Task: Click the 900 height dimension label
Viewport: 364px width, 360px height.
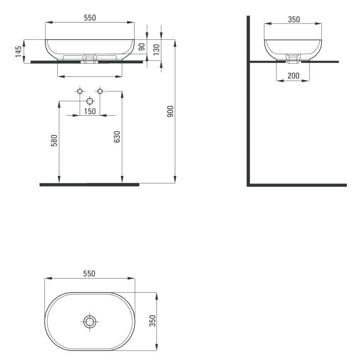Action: point(170,111)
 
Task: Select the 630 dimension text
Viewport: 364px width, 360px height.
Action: point(117,137)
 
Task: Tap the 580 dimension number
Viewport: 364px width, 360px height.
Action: point(54,140)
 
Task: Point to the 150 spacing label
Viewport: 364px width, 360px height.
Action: point(90,112)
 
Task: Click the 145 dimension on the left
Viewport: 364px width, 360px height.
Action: point(19,51)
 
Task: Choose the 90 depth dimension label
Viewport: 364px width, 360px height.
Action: point(142,47)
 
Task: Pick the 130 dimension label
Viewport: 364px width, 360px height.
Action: point(157,49)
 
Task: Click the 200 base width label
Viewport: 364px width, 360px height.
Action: point(294,75)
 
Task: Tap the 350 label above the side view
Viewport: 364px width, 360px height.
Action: point(294,20)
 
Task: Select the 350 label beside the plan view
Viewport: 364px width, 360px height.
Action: point(152,321)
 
